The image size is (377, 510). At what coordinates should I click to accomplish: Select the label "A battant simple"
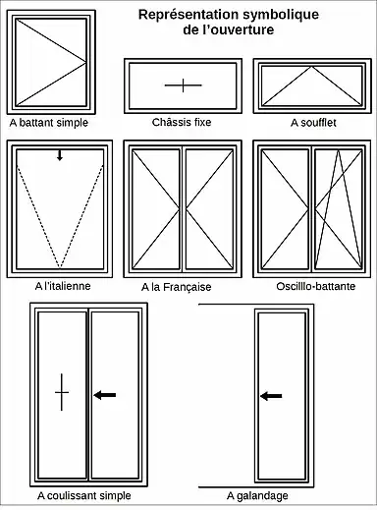pos(49,123)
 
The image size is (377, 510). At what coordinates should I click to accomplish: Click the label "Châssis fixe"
pos(182,122)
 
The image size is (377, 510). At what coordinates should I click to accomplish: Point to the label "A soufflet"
pos(313,123)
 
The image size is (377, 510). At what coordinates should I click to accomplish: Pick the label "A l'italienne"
pos(63,286)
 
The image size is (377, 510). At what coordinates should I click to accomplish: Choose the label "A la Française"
pos(177,287)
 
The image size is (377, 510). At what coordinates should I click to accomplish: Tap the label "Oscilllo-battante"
pos(316,286)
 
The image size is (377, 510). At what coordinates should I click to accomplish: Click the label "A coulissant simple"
pos(84,495)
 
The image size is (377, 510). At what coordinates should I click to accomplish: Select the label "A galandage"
pos(257,496)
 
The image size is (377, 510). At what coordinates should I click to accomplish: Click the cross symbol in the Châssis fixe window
pos(184,85)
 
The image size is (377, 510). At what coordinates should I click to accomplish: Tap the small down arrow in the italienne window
pos(60,155)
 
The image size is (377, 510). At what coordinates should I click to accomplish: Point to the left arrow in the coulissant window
pos(105,395)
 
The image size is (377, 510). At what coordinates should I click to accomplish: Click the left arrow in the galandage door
pos(271,396)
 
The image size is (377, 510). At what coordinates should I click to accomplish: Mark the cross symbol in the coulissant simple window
pos(62,392)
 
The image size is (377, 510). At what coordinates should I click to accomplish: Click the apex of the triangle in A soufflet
pos(312,67)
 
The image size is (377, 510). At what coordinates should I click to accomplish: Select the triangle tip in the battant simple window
pos(85,62)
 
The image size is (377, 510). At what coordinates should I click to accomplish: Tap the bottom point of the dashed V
pos(60,268)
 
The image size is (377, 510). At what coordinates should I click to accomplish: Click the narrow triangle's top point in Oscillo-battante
pos(339,150)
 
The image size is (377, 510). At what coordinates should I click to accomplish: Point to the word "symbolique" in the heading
pos(281,15)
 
